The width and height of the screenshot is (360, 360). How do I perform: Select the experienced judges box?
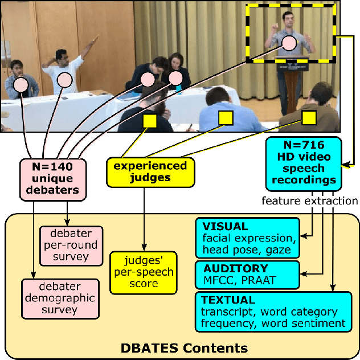[150, 172]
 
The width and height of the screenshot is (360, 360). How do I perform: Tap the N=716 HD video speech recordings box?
[303, 163]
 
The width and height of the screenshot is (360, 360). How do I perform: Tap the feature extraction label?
[310, 201]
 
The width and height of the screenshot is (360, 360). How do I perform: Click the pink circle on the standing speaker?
[289, 42]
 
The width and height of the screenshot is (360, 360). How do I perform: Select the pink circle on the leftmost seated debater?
[21, 85]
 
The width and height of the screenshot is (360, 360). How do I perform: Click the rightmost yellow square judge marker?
[309, 117]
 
